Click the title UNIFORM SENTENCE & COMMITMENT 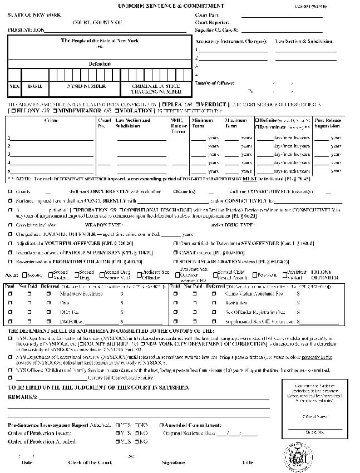(179, 6)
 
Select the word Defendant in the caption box (100, 64)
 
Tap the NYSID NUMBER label (85, 87)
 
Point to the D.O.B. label (35, 87)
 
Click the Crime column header (51, 120)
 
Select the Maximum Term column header (236, 123)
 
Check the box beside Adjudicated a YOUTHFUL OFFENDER (11, 243)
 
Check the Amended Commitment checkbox (161, 425)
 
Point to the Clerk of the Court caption (90, 462)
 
